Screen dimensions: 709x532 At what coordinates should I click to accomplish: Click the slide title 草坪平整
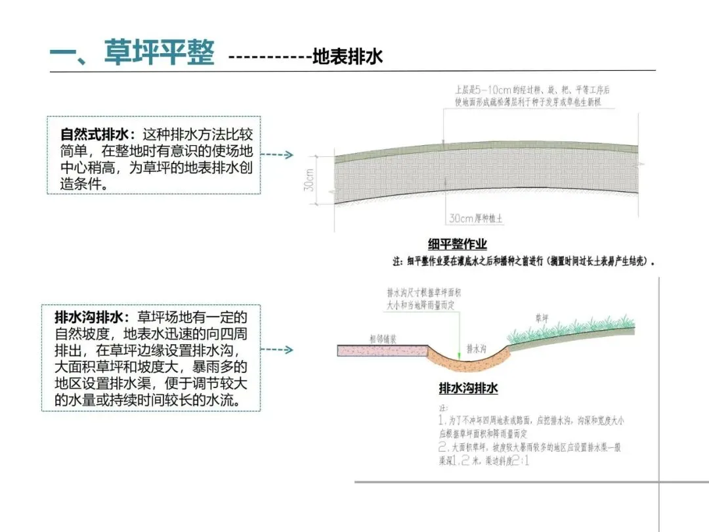[159, 53]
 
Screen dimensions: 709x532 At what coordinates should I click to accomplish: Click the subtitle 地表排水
[347, 56]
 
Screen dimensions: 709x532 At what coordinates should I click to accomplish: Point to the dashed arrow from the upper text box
[281, 156]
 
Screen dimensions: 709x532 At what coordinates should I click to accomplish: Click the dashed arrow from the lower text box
[281, 350]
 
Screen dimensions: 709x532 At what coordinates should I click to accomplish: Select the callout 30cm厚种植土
[475, 219]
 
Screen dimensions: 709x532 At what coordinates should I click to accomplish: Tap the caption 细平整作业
[458, 244]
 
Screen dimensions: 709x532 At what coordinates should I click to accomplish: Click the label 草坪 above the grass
[542, 318]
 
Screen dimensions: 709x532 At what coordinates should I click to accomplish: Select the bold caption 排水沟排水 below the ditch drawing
[468, 388]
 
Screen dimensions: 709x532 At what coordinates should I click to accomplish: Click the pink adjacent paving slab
[381, 351]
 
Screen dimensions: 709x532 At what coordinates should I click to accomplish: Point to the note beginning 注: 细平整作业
[525, 261]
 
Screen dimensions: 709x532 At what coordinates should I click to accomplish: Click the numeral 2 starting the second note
[443, 447]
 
